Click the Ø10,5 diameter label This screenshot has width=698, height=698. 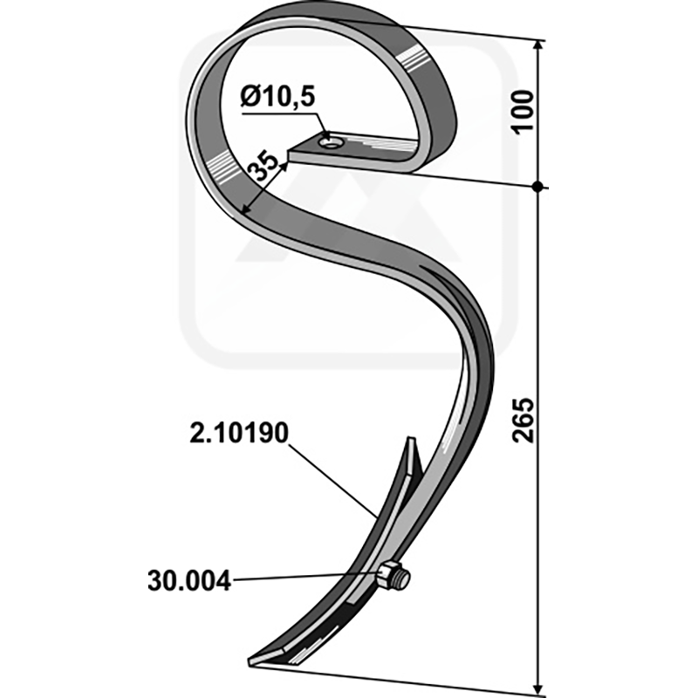pyautogui.click(x=277, y=96)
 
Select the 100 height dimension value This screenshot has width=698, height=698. pyautogui.click(x=523, y=112)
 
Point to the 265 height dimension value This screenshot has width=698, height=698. pyautogui.click(x=523, y=420)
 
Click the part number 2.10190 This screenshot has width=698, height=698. pyautogui.click(x=239, y=433)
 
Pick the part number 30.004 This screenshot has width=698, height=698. pyautogui.click(x=189, y=581)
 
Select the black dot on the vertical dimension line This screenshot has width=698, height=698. pyautogui.click(x=538, y=187)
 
